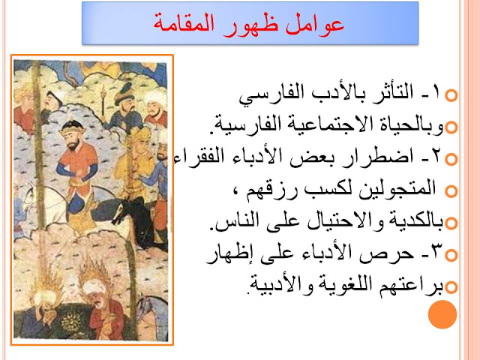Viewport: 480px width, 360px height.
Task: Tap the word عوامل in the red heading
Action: click(x=315, y=23)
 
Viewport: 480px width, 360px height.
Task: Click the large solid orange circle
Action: click(x=442, y=314)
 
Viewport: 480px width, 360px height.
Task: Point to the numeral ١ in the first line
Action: click(x=436, y=91)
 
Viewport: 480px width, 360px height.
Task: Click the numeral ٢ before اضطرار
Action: click(x=436, y=155)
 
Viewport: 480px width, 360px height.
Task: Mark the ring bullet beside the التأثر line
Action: click(x=451, y=95)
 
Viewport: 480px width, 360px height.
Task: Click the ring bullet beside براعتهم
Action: click(x=451, y=287)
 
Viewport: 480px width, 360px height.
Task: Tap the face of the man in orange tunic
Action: click(x=73, y=139)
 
